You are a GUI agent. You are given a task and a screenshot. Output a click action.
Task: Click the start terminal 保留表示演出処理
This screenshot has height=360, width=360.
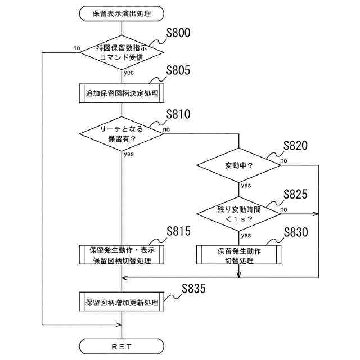121,12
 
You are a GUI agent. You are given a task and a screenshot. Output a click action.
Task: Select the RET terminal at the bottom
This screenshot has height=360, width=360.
121,346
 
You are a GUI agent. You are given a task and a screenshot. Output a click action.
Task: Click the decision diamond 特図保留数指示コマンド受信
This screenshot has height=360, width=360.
121,53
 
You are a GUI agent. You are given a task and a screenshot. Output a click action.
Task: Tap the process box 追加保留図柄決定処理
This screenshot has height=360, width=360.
121,92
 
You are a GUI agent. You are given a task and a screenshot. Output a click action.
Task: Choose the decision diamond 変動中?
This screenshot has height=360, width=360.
238,166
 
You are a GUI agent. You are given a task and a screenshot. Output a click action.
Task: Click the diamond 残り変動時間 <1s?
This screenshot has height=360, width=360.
238,213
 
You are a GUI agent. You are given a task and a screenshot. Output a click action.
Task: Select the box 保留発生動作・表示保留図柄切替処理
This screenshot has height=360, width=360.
121,254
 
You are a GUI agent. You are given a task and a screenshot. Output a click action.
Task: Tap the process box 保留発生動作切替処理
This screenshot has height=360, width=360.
238,254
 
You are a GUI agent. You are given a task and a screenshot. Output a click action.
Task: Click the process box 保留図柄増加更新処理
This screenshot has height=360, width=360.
121,303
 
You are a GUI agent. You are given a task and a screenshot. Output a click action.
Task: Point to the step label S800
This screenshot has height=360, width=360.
179,33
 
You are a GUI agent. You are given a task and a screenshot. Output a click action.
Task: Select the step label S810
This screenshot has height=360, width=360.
179,115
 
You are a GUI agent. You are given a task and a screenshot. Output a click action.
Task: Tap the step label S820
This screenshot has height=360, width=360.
296,145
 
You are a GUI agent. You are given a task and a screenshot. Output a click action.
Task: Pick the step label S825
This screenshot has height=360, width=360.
296,195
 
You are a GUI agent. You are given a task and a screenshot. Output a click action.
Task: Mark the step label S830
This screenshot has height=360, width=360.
296,232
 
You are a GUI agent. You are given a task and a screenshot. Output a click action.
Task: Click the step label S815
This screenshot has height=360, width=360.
179,232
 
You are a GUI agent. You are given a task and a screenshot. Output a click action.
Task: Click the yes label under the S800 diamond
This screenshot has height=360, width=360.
129,73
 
